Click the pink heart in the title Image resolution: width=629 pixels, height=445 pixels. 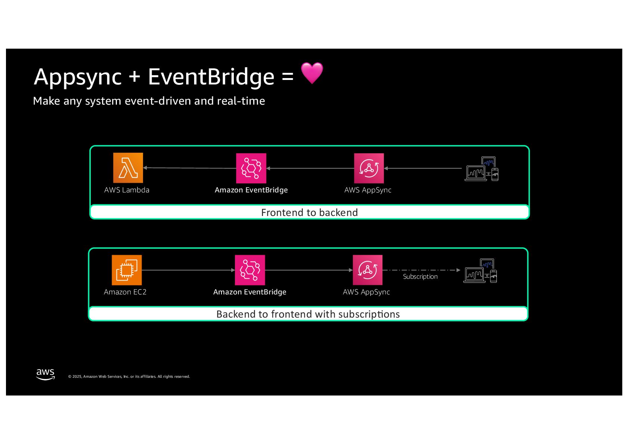tap(312, 73)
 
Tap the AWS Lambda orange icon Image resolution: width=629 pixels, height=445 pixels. tap(128, 168)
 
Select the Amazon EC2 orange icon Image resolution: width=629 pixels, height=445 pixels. tap(127, 270)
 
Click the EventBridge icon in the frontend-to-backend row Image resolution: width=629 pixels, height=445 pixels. tap(251, 168)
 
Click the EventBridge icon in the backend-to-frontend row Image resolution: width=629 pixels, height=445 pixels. tap(250, 270)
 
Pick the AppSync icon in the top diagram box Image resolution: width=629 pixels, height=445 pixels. tap(369, 168)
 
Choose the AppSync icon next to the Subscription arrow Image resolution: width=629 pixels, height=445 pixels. tap(368, 270)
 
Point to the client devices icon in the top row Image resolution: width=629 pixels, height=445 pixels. tap(481, 169)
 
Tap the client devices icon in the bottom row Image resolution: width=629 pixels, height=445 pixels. tap(480, 271)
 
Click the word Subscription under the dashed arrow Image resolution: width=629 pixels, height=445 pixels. tap(420, 276)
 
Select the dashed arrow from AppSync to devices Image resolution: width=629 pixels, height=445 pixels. tap(421, 270)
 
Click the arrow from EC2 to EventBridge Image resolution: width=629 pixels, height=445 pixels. tap(188, 270)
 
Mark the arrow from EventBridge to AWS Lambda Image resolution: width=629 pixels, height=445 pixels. tap(190, 168)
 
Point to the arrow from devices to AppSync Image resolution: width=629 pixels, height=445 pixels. tap(423, 169)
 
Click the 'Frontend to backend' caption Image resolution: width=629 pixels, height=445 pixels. tap(309, 213)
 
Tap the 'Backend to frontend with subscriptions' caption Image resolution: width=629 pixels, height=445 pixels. tap(308, 314)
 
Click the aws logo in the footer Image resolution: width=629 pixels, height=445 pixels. tap(45, 374)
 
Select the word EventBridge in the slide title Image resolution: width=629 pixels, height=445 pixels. tap(211, 77)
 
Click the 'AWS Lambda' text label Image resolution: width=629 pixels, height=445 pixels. tap(127, 190)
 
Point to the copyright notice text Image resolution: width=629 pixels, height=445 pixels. tap(129, 377)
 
